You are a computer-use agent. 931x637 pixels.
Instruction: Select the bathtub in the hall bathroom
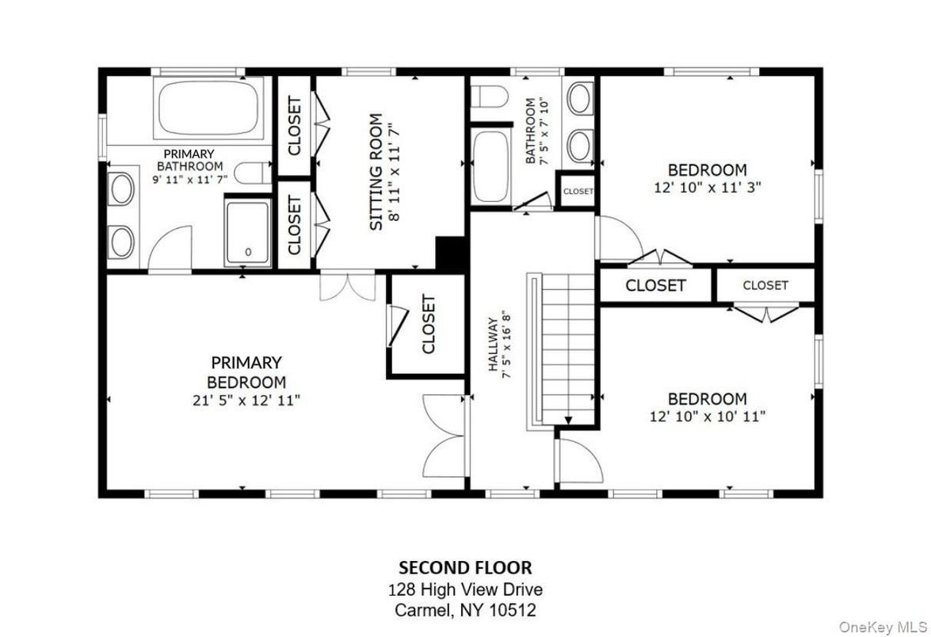pos(490,167)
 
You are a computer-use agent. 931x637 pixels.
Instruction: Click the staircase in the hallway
pos(566,349)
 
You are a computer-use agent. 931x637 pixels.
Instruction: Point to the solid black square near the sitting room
pos(451,254)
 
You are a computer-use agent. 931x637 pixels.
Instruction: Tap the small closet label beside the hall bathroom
pos(578,192)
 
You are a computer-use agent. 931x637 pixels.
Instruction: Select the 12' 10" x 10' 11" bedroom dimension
pos(707,416)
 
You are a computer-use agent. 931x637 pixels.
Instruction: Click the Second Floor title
pos(465,567)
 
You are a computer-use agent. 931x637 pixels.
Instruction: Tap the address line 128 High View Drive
pos(465,589)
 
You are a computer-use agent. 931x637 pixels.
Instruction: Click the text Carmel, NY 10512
pos(465,611)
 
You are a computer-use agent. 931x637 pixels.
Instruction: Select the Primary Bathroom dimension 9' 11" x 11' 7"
pos(189,179)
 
